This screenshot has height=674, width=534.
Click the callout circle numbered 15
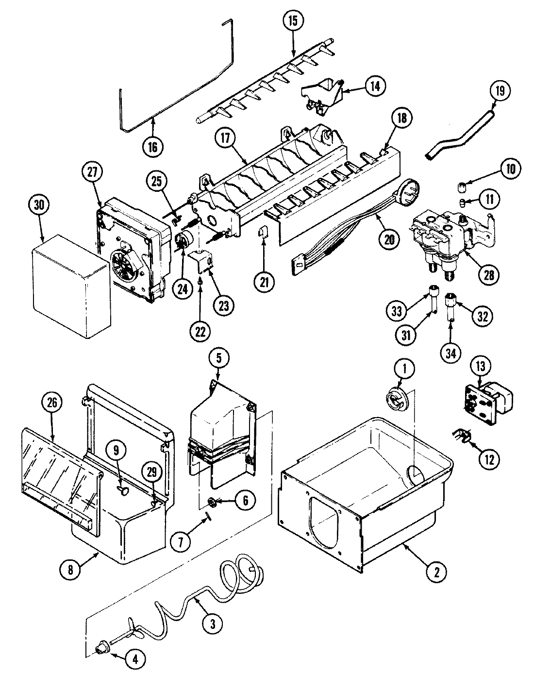(x=293, y=21)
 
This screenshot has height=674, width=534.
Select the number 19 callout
(x=501, y=90)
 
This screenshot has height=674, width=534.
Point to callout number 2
(x=436, y=571)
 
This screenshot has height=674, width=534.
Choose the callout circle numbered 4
(x=135, y=659)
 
